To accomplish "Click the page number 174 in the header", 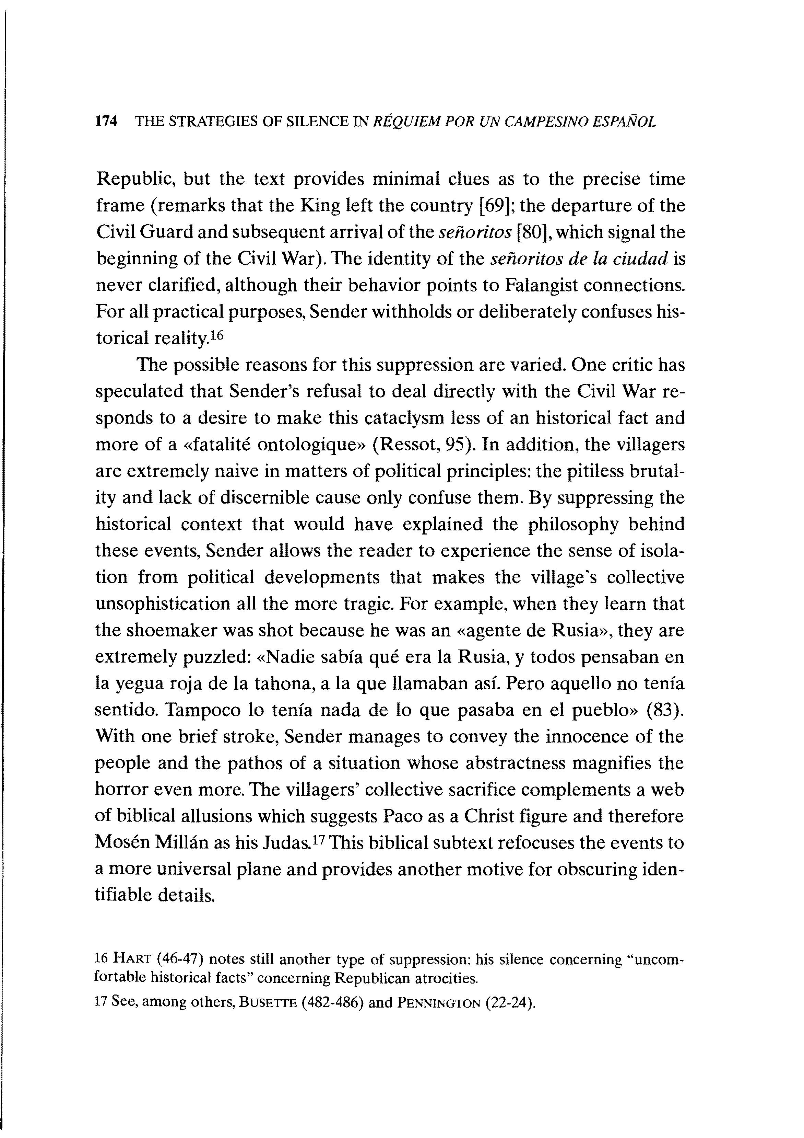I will (106, 122).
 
